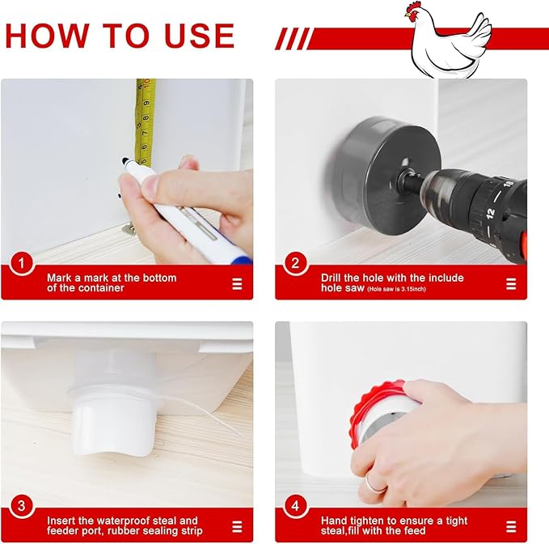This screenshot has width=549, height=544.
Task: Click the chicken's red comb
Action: coord(414,6)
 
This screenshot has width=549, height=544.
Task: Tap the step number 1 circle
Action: coord(22,263)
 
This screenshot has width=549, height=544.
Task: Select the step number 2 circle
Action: coord(296,263)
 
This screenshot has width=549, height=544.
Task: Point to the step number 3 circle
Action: coord(22,506)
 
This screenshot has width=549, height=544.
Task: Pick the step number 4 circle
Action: coord(296,506)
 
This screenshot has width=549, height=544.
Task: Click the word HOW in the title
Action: coord(47,36)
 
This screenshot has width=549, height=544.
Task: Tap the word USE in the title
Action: coord(199,36)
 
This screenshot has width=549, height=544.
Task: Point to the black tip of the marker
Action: coord(125,161)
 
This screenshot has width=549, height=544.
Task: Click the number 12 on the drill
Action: coord(491,213)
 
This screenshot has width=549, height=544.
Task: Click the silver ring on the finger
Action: coord(374,484)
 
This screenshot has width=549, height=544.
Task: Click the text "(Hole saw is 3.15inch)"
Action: coord(396,289)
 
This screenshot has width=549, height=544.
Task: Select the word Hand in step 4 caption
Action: coord(334,521)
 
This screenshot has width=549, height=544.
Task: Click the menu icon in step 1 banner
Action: coord(237,284)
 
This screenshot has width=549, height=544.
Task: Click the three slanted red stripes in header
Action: coord(293,39)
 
